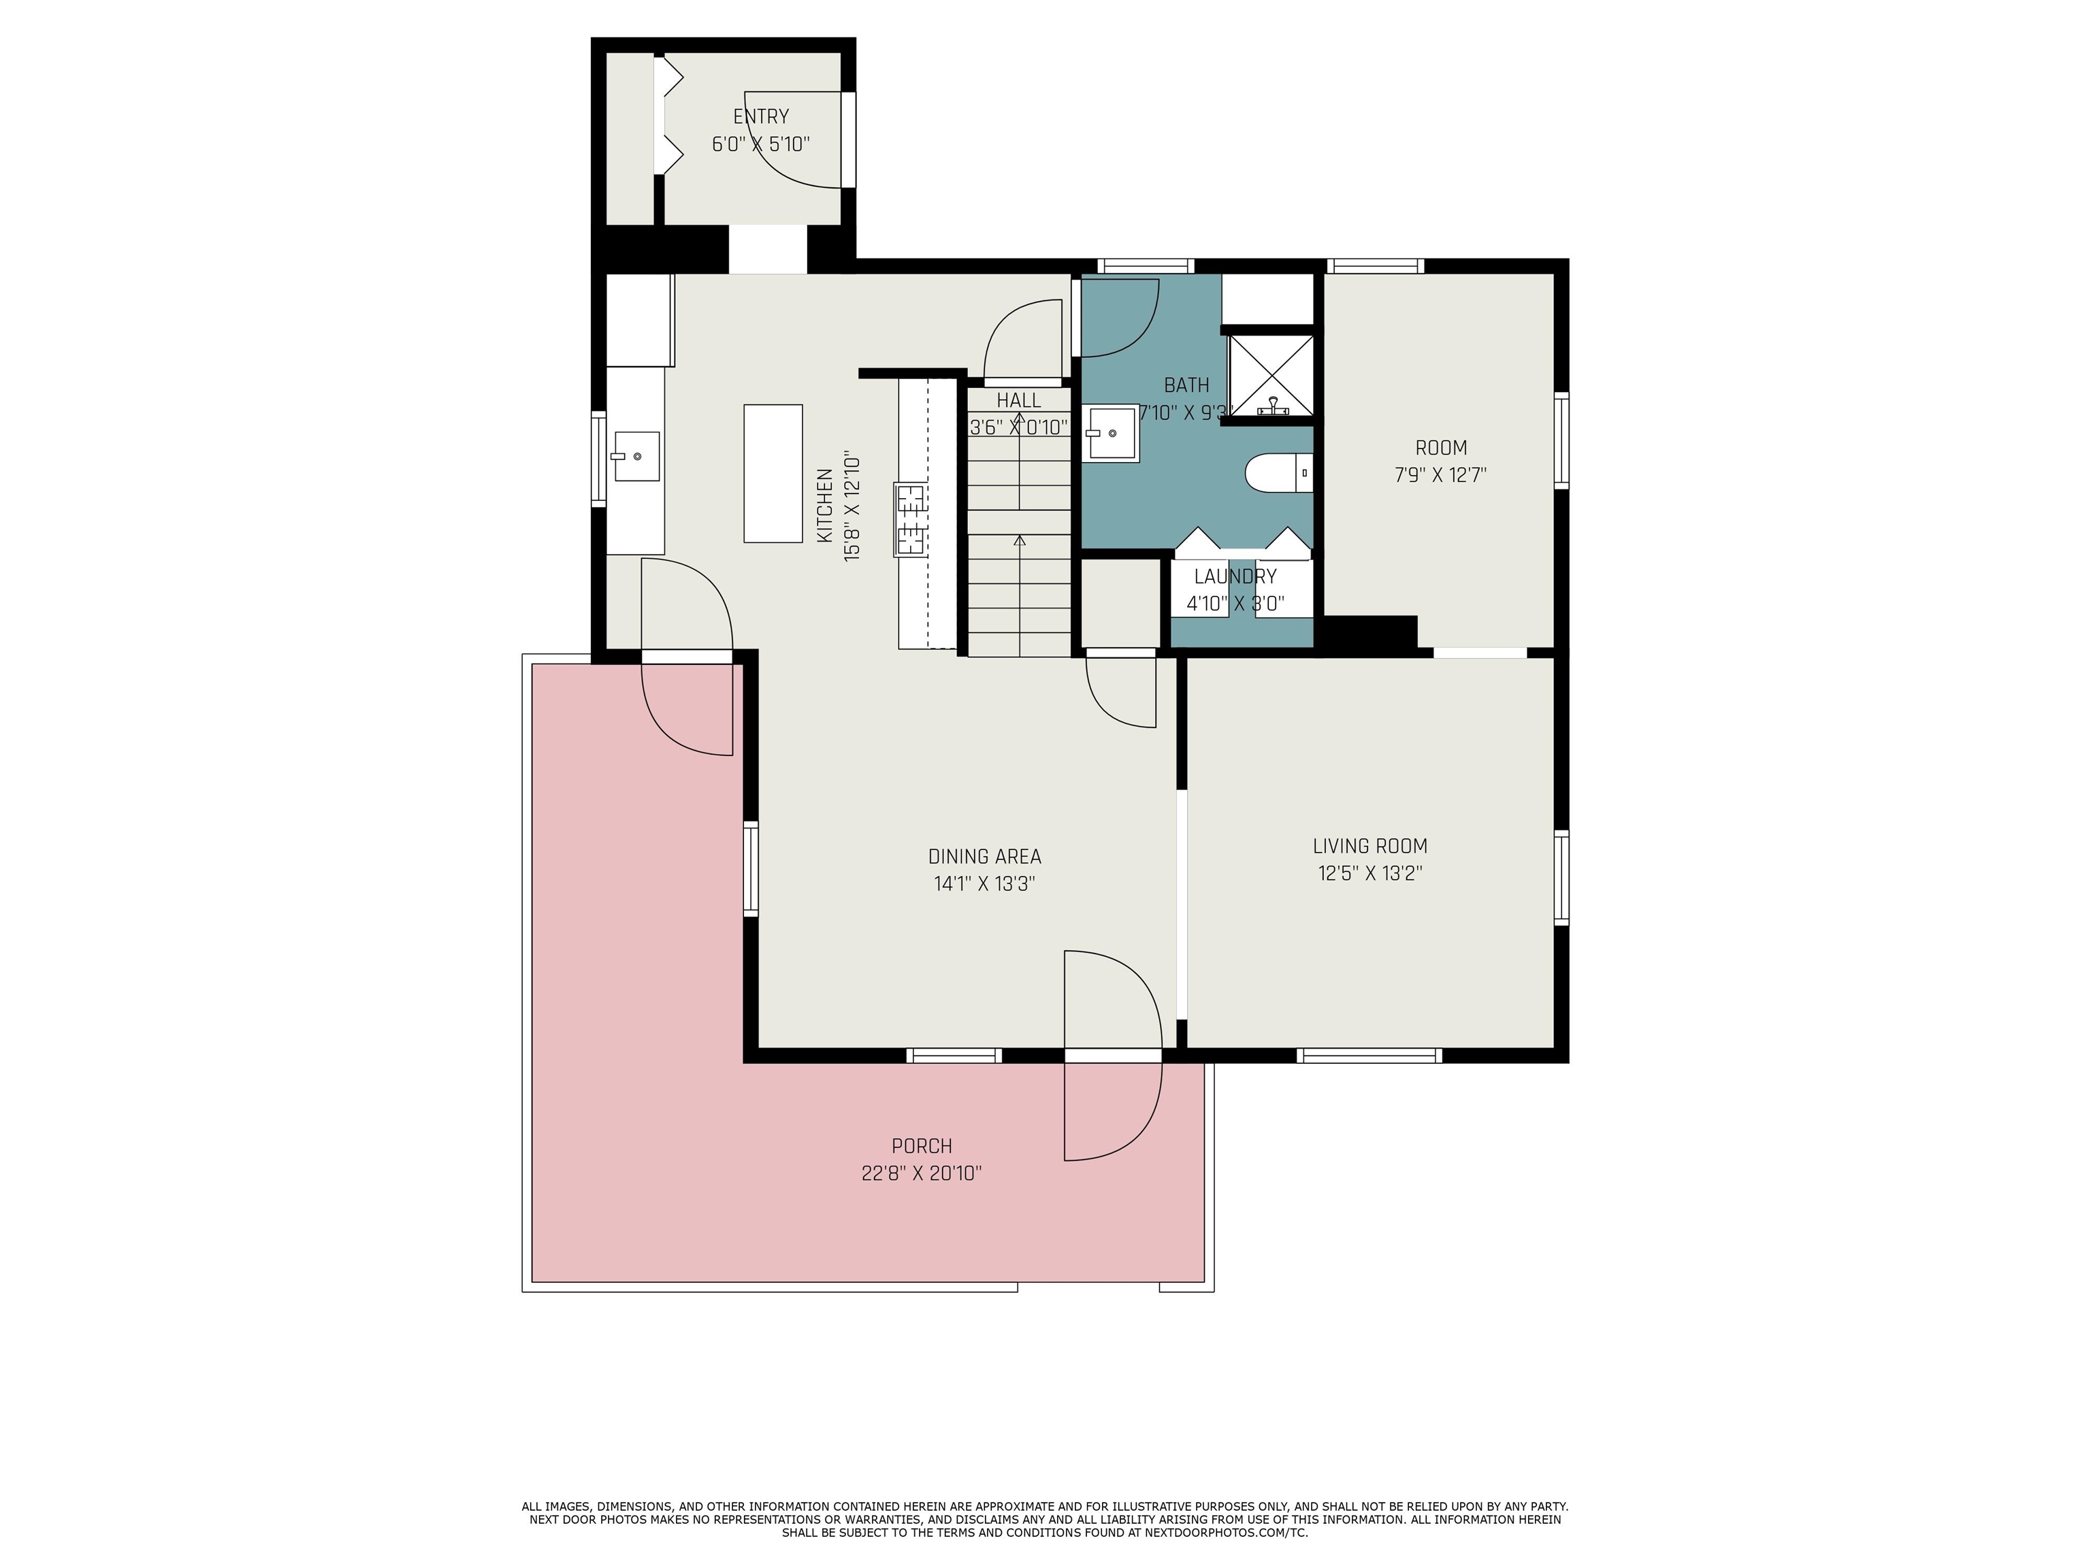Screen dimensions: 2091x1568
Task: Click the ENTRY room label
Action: (x=761, y=116)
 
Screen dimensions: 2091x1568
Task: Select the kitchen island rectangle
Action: (x=773, y=474)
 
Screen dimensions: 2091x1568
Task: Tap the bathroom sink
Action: (x=1111, y=433)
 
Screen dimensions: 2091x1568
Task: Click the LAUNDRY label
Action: (x=1235, y=576)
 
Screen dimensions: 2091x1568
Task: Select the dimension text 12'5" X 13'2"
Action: (x=1369, y=873)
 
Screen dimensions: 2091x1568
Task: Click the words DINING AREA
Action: (x=984, y=856)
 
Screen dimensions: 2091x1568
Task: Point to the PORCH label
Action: (x=922, y=1147)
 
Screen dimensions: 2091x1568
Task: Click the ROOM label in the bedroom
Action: (x=1441, y=448)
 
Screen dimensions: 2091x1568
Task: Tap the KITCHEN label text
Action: (x=824, y=506)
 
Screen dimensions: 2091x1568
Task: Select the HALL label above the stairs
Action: (x=1018, y=401)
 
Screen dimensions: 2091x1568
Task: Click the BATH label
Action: (x=1186, y=386)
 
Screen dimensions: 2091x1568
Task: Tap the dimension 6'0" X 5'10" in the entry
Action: (x=761, y=144)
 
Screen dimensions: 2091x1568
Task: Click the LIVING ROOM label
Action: (x=1369, y=846)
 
